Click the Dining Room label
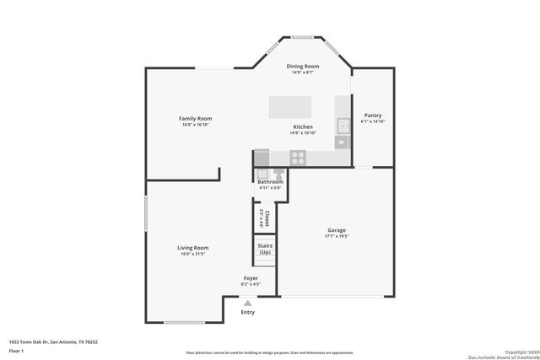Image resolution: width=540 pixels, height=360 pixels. pyautogui.click(x=302, y=66)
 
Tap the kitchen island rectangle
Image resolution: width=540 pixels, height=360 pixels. pyautogui.click(x=289, y=107)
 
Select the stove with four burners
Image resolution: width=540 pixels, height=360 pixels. pyautogui.click(x=298, y=156)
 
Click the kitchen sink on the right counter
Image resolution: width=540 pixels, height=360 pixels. pyautogui.click(x=343, y=126)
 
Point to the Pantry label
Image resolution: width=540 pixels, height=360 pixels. pyautogui.click(x=372, y=116)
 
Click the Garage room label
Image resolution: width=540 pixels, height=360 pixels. pyautogui.click(x=337, y=230)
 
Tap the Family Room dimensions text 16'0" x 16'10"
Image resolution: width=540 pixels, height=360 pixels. pyautogui.click(x=195, y=125)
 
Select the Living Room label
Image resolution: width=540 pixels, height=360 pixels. pyautogui.click(x=192, y=248)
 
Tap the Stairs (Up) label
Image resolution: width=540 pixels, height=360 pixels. pyautogui.click(x=265, y=249)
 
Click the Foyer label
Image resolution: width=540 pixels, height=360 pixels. pyautogui.click(x=251, y=278)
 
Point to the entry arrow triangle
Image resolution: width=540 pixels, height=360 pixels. pyautogui.click(x=247, y=303)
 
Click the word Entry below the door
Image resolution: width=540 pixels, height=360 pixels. pyautogui.click(x=247, y=312)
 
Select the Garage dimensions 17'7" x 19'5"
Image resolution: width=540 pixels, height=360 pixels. pyautogui.click(x=337, y=236)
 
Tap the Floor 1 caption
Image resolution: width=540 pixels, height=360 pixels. pyautogui.click(x=17, y=350)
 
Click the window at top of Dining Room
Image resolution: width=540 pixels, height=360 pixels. pyautogui.click(x=303, y=36)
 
